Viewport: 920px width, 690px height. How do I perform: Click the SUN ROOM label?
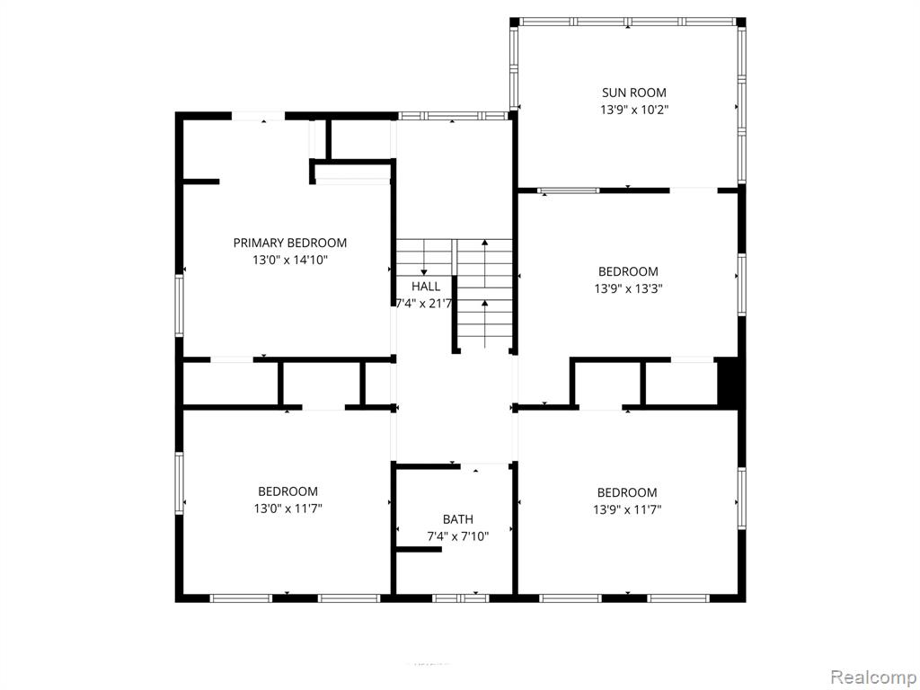click(633, 93)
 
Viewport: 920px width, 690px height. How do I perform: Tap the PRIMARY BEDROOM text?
click(290, 243)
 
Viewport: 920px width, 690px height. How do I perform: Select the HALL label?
click(425, 287)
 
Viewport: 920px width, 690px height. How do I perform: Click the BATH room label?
click(457, 519)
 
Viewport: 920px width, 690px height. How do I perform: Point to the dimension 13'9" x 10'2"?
click(634, 110)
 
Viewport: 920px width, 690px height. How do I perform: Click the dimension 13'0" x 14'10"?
click(290, 260)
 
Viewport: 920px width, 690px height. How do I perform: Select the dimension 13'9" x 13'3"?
click(628, 288)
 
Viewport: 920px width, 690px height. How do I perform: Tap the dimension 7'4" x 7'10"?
click(457, 536)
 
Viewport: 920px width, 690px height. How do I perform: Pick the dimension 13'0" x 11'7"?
click(288, 509)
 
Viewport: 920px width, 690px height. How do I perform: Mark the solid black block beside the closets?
click(729, 382)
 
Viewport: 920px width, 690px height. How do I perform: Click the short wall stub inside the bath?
click(419, 549)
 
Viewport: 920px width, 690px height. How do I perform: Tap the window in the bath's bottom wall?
click(461, 598)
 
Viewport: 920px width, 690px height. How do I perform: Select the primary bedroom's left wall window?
click(180, 305)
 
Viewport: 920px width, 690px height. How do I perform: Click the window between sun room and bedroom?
click(569, 190)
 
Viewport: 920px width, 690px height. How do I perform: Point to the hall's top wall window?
click(453, 116)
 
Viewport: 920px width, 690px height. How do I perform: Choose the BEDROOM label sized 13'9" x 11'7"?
click(626, 493)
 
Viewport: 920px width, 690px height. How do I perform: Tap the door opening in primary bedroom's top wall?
click(259, 116)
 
